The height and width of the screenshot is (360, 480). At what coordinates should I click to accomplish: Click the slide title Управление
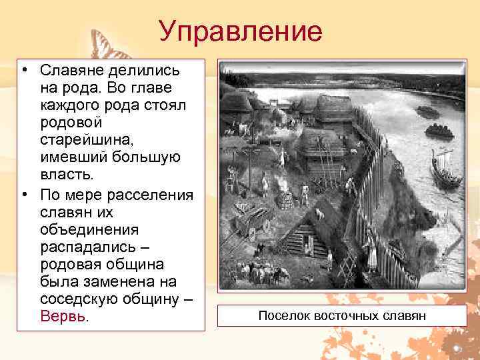coord(240,31)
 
